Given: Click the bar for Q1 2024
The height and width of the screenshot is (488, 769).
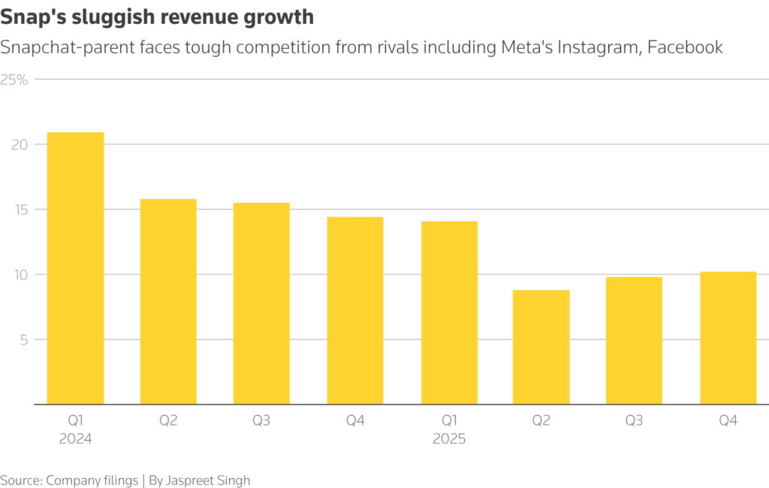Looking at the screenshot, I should pos(75,268).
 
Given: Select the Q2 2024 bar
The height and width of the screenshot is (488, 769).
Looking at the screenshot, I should pos(168,302).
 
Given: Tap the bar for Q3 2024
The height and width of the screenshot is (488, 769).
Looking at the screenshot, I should pos(261,303).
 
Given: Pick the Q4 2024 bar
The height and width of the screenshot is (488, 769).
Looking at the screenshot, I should pos(355,311).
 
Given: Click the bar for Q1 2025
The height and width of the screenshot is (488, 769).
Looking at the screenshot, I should pos(449,313).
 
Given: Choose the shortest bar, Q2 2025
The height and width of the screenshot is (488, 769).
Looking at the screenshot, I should pos(541,347).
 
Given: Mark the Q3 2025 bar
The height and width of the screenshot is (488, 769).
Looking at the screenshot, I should pos(635,341).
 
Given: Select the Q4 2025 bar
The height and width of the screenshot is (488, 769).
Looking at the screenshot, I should pos(728,338).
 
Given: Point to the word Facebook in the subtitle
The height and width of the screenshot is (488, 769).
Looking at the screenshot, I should pos(685,47).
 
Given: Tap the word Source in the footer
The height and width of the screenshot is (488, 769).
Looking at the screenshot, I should pos(21,480).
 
